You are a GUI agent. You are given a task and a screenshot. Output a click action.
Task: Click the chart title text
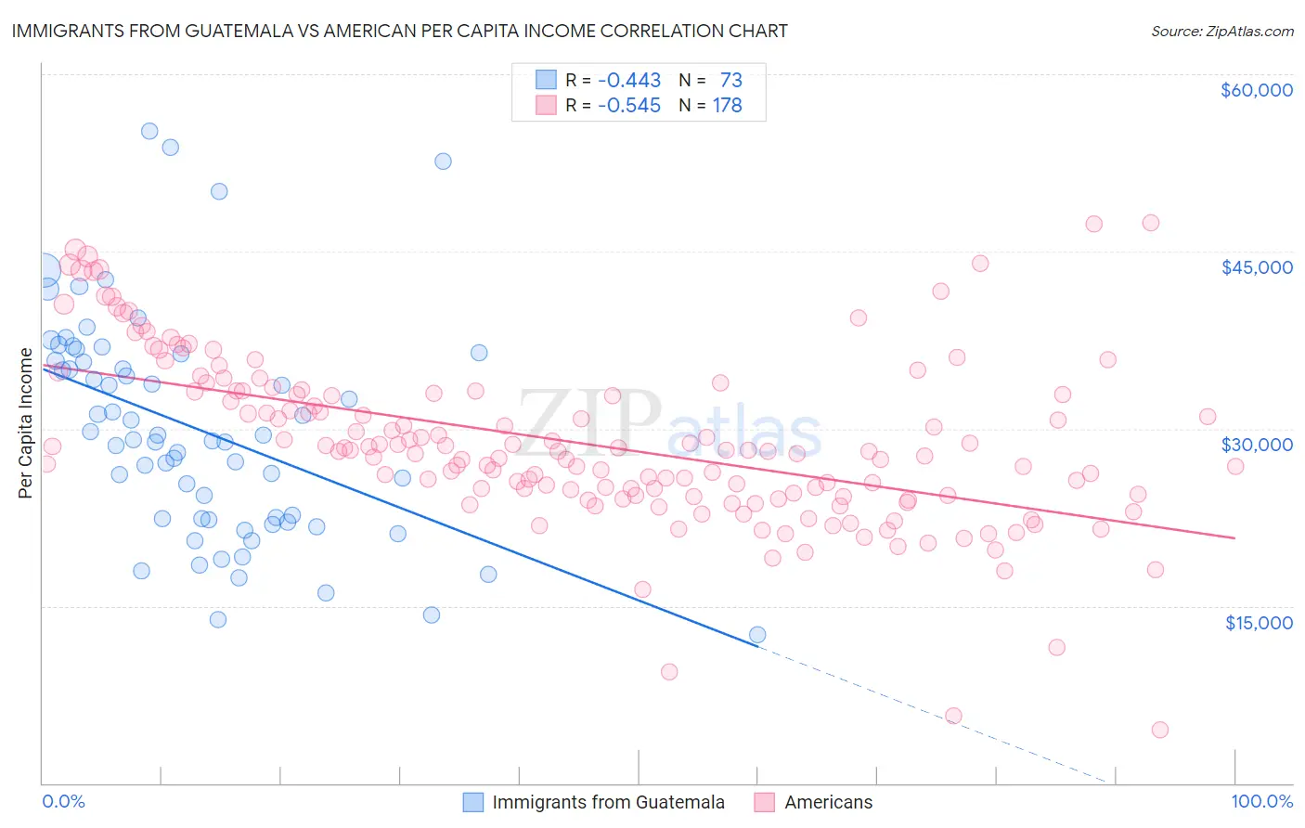399,31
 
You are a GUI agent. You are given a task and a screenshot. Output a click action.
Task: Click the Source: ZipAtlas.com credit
1221,31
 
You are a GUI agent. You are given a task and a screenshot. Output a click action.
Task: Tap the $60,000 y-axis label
1256,90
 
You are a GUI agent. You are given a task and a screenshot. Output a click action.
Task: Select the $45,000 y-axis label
1256,267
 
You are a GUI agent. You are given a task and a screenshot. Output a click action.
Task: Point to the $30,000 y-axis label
1256,445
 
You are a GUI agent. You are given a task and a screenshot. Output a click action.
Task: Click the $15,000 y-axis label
1258,622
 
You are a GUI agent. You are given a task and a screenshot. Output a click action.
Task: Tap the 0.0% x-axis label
63,801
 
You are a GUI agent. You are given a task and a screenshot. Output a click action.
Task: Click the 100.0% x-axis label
1261,801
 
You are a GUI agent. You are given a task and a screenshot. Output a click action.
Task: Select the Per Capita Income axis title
25,422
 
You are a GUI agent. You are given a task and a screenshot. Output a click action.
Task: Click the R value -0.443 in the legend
628,81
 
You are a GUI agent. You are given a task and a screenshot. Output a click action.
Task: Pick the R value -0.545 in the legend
628,106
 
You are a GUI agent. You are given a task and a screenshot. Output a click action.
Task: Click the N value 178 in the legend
727,106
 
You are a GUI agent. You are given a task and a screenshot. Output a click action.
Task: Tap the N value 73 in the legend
730,81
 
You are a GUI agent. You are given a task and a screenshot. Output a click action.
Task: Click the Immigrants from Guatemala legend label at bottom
608,802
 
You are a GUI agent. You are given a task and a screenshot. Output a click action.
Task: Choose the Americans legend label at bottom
828,802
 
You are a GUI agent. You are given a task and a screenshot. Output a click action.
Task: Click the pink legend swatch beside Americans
765,802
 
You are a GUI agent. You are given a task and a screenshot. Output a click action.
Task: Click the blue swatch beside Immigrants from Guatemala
473,802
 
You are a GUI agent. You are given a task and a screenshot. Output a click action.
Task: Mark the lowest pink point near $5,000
1159,730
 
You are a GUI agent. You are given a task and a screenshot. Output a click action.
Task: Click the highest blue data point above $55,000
149,131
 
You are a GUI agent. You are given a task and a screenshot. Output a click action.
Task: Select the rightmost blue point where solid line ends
757,635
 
